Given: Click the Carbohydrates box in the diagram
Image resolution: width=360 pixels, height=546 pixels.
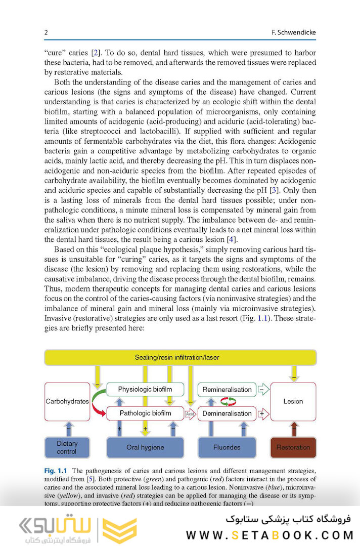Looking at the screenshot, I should click(67, 401).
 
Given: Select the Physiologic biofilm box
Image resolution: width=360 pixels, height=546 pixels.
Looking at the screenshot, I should click(145, 389).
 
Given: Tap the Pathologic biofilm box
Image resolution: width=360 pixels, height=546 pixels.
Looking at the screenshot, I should click(145, 413).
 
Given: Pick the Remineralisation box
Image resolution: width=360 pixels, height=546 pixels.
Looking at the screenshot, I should click(227, 389).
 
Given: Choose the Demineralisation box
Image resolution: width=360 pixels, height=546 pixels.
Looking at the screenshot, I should click(227, 413).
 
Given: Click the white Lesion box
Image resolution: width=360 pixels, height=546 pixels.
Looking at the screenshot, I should click(293, 401).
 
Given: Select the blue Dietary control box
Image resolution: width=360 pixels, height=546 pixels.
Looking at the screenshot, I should click(67, 447).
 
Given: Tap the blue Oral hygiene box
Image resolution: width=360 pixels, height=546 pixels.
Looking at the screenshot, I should click(145, 447).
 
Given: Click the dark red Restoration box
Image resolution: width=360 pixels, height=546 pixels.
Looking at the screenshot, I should click(293, 447).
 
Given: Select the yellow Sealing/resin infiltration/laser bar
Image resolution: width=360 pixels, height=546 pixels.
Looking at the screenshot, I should click(181, 357).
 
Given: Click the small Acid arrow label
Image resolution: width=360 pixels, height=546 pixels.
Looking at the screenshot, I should click(190, 414).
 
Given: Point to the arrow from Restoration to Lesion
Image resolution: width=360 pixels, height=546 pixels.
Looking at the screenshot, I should click(293, 429).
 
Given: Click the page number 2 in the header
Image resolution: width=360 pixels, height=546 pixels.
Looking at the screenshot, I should click(46, 33).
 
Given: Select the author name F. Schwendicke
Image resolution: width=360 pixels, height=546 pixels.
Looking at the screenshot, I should click(293, 33).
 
